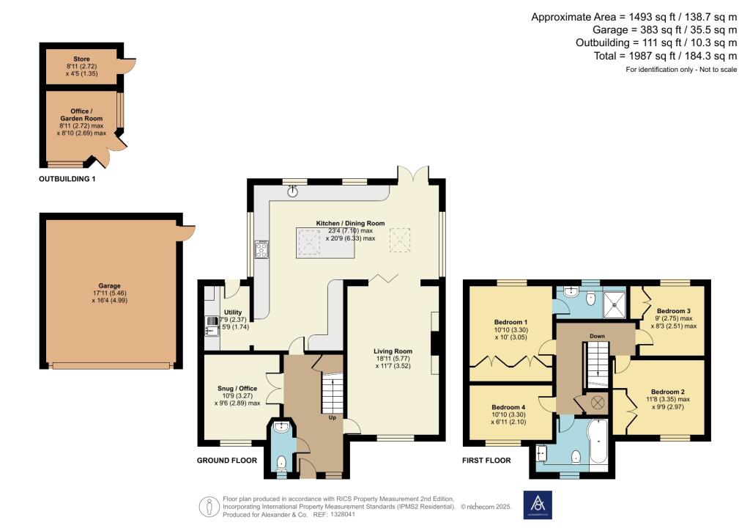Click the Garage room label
point(110,286)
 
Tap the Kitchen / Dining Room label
point(350,223)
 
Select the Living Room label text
point(393,351)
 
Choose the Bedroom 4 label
point(509,407)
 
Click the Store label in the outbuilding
point(81,58)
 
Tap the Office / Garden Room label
point(81,114)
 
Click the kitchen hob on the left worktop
point(261,250)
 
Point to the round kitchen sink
point(294,190)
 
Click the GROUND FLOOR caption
point(227,461)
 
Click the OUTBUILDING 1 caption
point(67,178)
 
